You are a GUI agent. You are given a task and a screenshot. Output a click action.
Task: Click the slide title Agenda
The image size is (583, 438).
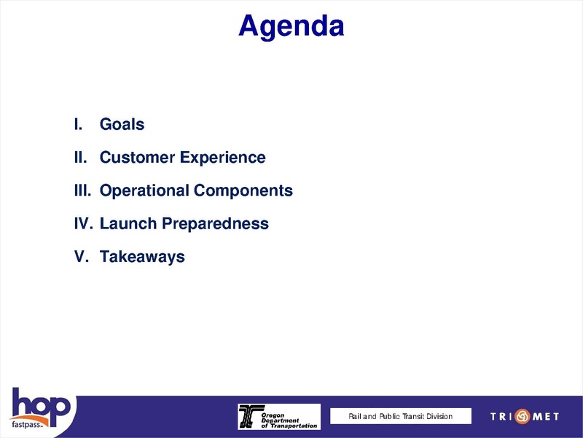point(291,26)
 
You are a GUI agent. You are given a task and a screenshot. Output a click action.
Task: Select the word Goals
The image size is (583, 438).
point(122,125)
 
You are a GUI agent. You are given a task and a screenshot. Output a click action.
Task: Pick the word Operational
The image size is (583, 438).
point(144,191)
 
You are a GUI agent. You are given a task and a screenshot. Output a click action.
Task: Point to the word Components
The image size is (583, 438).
point(243,191)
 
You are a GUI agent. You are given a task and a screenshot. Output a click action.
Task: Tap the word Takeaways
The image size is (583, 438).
point(142,257)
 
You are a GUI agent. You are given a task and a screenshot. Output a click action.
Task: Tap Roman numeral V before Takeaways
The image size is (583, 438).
point(81,257)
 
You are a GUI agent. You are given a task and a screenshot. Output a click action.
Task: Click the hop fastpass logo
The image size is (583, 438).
point(41,409)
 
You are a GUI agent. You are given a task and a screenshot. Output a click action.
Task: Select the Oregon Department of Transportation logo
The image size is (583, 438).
point(279,416)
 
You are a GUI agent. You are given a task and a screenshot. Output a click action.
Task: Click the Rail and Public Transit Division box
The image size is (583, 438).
point(400,416)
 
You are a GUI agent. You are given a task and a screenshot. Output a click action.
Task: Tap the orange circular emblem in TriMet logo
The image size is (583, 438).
point(523,417)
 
